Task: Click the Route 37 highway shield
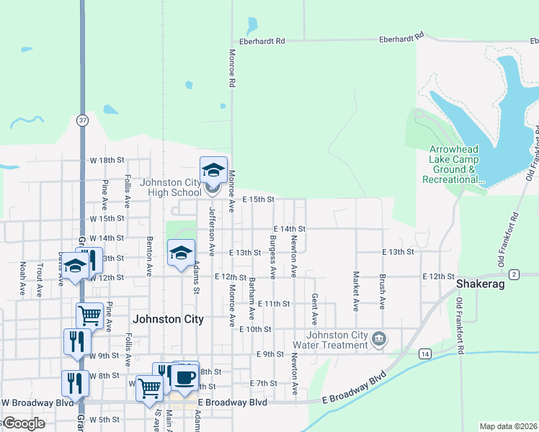(x=83, y=121)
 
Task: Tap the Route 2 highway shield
(x=514, y=274)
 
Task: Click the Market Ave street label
(x=355, y=291)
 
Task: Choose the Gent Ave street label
(x=315, y=308)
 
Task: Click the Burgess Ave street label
(x=272, y=257)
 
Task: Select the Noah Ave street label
(x=23, y=279)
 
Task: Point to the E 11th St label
(x=273, y=304)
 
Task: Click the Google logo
(x=23, y=423)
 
